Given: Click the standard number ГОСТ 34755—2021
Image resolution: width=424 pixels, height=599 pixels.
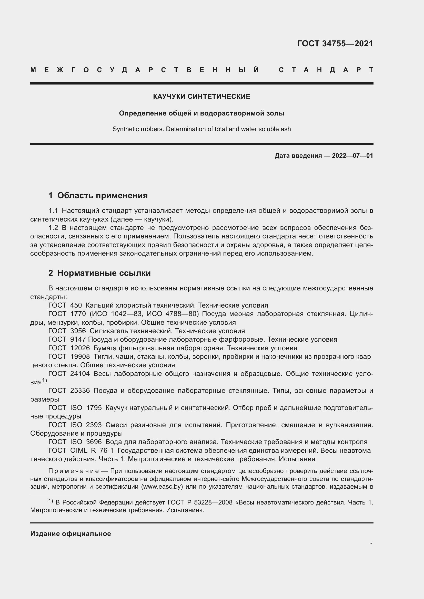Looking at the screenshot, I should click(x=335, y=43).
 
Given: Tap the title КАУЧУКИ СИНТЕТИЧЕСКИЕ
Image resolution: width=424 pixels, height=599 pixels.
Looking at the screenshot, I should click(x=201, y=97).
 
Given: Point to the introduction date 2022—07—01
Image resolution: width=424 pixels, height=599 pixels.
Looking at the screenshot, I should click(x=352, y=156).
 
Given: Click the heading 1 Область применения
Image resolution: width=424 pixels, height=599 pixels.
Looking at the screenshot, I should click(x=98, y=195).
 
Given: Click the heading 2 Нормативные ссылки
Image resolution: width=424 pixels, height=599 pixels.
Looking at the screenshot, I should click(x=99, y=273).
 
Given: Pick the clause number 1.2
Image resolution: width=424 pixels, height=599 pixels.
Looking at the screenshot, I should click(x=53, y=228).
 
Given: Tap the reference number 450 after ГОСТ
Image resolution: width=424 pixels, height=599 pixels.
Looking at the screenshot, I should click(x=76, y=305).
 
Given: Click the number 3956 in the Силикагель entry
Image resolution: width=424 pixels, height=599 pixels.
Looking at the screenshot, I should click(x=78, y=331).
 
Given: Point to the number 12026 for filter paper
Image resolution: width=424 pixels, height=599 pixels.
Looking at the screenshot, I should click(x=80, y=348).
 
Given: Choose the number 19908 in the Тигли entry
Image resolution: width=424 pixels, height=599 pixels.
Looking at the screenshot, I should click(x=80, y=356).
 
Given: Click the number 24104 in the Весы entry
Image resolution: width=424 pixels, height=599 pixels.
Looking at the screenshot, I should click(x=80, y=374).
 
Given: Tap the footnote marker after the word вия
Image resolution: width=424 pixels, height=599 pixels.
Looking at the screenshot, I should click(x=44, y=381).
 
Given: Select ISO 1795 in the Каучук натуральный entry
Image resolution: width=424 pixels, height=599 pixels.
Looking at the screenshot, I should click(x=86, y=408).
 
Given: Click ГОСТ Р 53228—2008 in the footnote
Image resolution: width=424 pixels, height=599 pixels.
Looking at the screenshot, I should click(x=200, y=502).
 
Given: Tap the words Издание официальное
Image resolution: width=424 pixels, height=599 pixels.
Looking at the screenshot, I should click(x=70, y=534).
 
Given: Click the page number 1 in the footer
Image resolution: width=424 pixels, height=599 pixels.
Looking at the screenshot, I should click(x=371, y=545).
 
